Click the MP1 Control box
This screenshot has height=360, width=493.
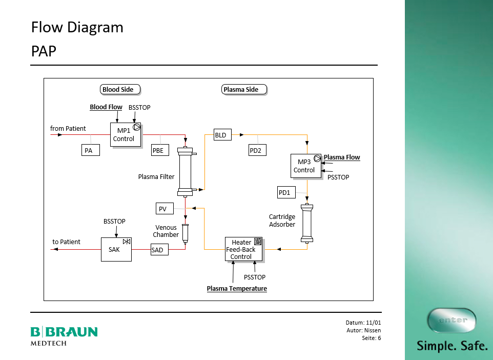[x=126, y=134]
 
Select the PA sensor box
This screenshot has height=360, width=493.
[x=91, y=150]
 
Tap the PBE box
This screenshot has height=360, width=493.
[x=160, y=150]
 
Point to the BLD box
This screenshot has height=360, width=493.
[x=222, y=135]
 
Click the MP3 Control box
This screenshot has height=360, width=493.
[x=306, y=166]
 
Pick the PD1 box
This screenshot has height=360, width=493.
[x=286, y=193]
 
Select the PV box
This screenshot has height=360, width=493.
[x=165, y=209]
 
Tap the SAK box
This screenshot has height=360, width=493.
[x=116, y=249]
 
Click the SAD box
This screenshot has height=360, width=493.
[x=158, y=250]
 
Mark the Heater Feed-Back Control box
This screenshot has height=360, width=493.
[x=243, y=249]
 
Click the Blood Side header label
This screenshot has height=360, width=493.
[x=120, y=90]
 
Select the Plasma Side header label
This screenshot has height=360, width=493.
[x=244, y=90]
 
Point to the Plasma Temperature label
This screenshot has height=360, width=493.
[x=237, y=289]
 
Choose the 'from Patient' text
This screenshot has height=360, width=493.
[x=68, y=129]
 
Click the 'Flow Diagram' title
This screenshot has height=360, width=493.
[x=77, y=27]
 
